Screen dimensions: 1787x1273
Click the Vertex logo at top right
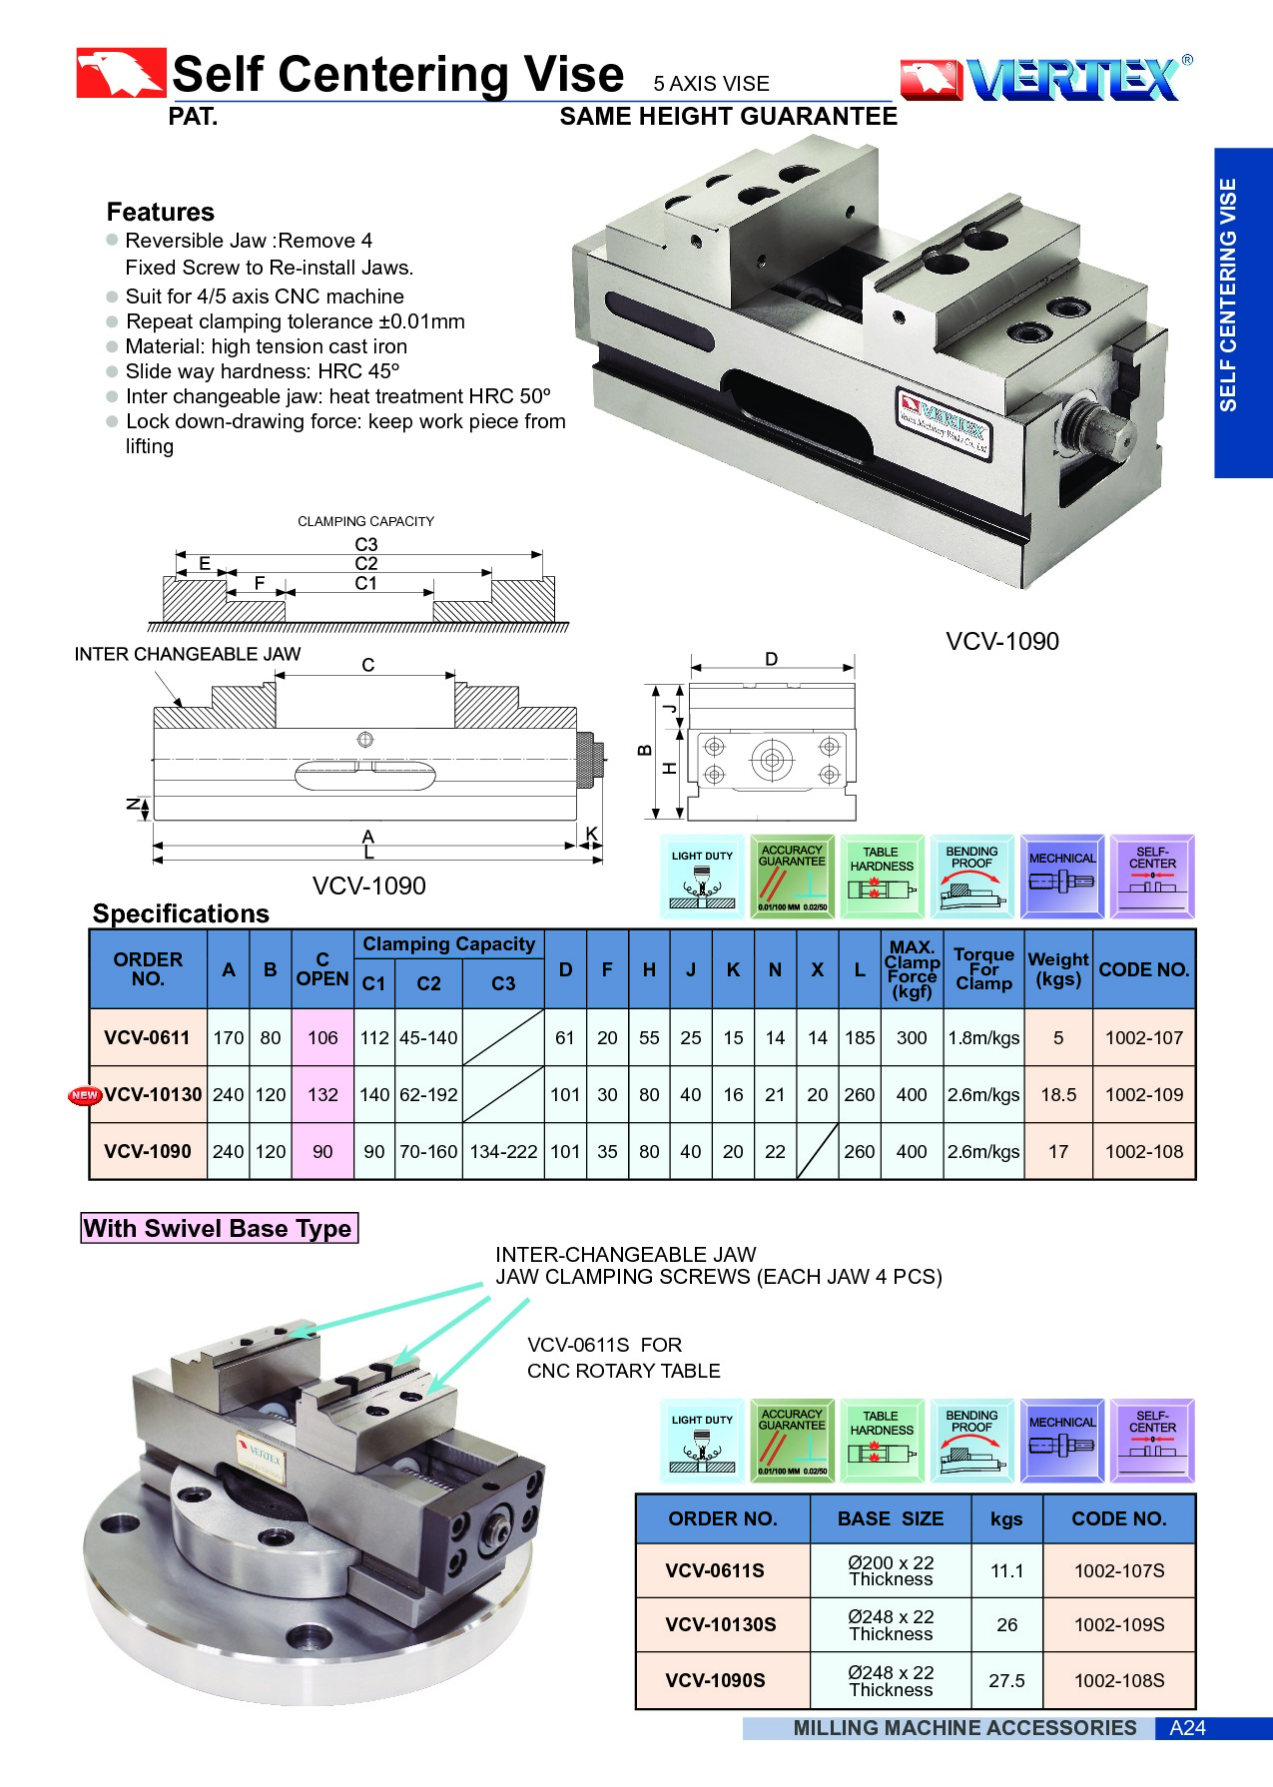1046,79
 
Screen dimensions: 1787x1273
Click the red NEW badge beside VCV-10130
85,1095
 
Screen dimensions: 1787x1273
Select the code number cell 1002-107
1143,1038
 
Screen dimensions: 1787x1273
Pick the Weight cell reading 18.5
1058,1095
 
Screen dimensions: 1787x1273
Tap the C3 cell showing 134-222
503,1152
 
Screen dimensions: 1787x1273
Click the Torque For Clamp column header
983,969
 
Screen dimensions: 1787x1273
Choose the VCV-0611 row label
147,1038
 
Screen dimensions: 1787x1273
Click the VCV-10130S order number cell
721,1625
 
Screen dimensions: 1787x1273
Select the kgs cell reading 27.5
1006,1681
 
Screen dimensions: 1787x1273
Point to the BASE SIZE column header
890,1519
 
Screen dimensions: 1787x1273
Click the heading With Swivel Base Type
218,1229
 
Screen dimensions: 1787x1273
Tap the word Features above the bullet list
161,213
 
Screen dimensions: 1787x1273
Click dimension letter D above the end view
771,660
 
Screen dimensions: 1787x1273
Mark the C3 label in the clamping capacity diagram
366,545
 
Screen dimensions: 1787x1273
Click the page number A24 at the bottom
1187,1728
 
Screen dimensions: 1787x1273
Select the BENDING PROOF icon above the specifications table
971,877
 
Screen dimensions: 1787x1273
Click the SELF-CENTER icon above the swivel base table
1151,1441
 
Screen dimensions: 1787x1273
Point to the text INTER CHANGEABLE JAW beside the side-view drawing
188,655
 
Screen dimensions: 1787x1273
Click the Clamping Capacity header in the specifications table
448,944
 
